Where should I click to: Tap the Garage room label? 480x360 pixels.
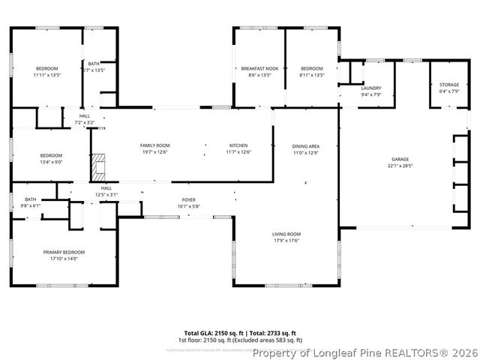coord(400,160)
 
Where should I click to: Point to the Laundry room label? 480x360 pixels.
coord(370,88)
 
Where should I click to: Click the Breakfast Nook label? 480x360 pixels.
coord(259,68)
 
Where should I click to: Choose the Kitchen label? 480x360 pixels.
coord(238,145)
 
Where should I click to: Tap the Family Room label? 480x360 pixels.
coord(155,145)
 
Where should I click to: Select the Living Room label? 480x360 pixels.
coord(286,234)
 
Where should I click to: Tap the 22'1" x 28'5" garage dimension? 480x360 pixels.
coord(400,166)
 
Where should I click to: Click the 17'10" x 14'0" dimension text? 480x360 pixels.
coord(64,259)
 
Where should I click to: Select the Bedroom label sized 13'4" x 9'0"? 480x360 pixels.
coord(51,155)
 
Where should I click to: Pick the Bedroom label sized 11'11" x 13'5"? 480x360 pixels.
coord(46,68)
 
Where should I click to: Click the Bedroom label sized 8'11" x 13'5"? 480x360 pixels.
coord(311,68)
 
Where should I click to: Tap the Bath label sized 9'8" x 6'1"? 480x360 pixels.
coord(30,199)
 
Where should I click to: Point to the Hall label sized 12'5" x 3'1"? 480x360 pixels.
coord(106,188)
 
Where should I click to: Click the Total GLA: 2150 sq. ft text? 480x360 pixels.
coord(211,332)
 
